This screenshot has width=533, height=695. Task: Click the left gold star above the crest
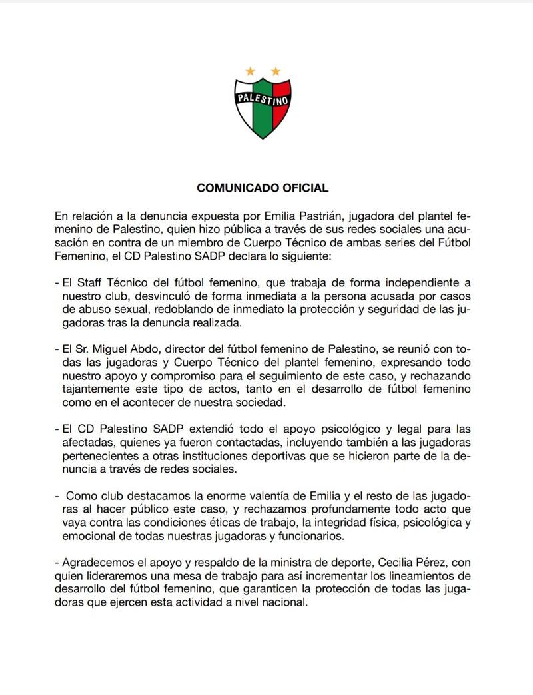pos(251,71)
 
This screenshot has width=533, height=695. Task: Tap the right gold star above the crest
pos(275,71)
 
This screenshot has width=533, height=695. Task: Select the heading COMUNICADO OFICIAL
pos(263,188)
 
